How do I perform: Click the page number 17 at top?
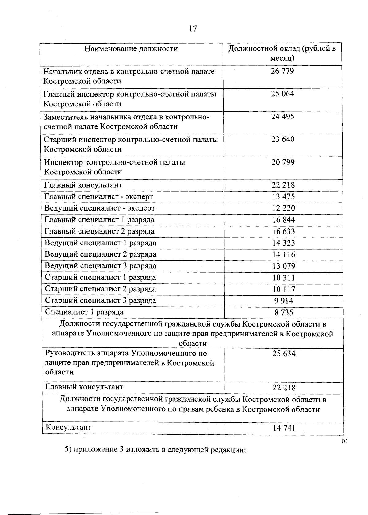pos(193,29)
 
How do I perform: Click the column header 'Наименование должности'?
pos(131,49)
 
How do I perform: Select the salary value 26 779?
pos(282,71)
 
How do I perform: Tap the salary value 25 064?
pos(282,94)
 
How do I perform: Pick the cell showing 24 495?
pos(282,117)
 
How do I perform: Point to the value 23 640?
pos(283,139)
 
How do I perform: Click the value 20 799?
pos(283,162)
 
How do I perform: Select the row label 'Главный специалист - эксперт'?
pos(99,196)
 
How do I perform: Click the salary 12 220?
pos(284,208)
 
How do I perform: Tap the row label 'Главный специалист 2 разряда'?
pos(99,231)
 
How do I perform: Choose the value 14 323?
pos(284,243)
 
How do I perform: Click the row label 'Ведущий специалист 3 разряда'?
pos(101,266)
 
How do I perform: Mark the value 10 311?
pos(284,278)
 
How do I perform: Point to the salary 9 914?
pos(284,301)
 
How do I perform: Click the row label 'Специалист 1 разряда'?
pos(84,312)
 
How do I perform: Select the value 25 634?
pos(284,354)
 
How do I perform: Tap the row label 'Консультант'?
pos(68,427)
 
